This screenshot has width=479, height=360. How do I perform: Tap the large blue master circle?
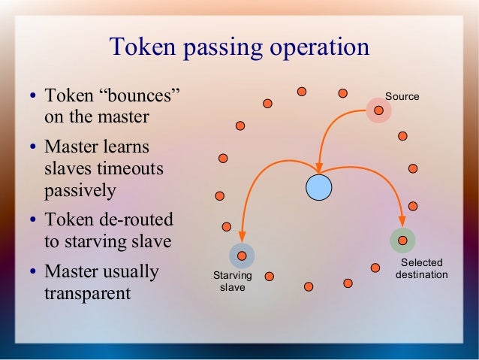point(318,187)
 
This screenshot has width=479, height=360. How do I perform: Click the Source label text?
point(402,97)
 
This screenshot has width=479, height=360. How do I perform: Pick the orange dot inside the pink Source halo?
point(379,110)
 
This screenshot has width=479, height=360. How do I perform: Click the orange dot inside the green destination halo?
point(402,241)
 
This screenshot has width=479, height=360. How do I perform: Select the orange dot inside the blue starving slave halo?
point(242,256)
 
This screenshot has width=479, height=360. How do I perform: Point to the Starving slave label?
point(233,283)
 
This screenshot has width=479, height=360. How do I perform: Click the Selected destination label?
point(421,268)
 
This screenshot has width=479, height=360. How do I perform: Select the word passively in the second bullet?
point(80,191)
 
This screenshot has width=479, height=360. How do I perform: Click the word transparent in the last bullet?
point(88,292)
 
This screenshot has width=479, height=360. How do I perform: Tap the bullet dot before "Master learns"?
point(34,147)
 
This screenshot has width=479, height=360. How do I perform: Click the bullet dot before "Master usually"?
point(34,271)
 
